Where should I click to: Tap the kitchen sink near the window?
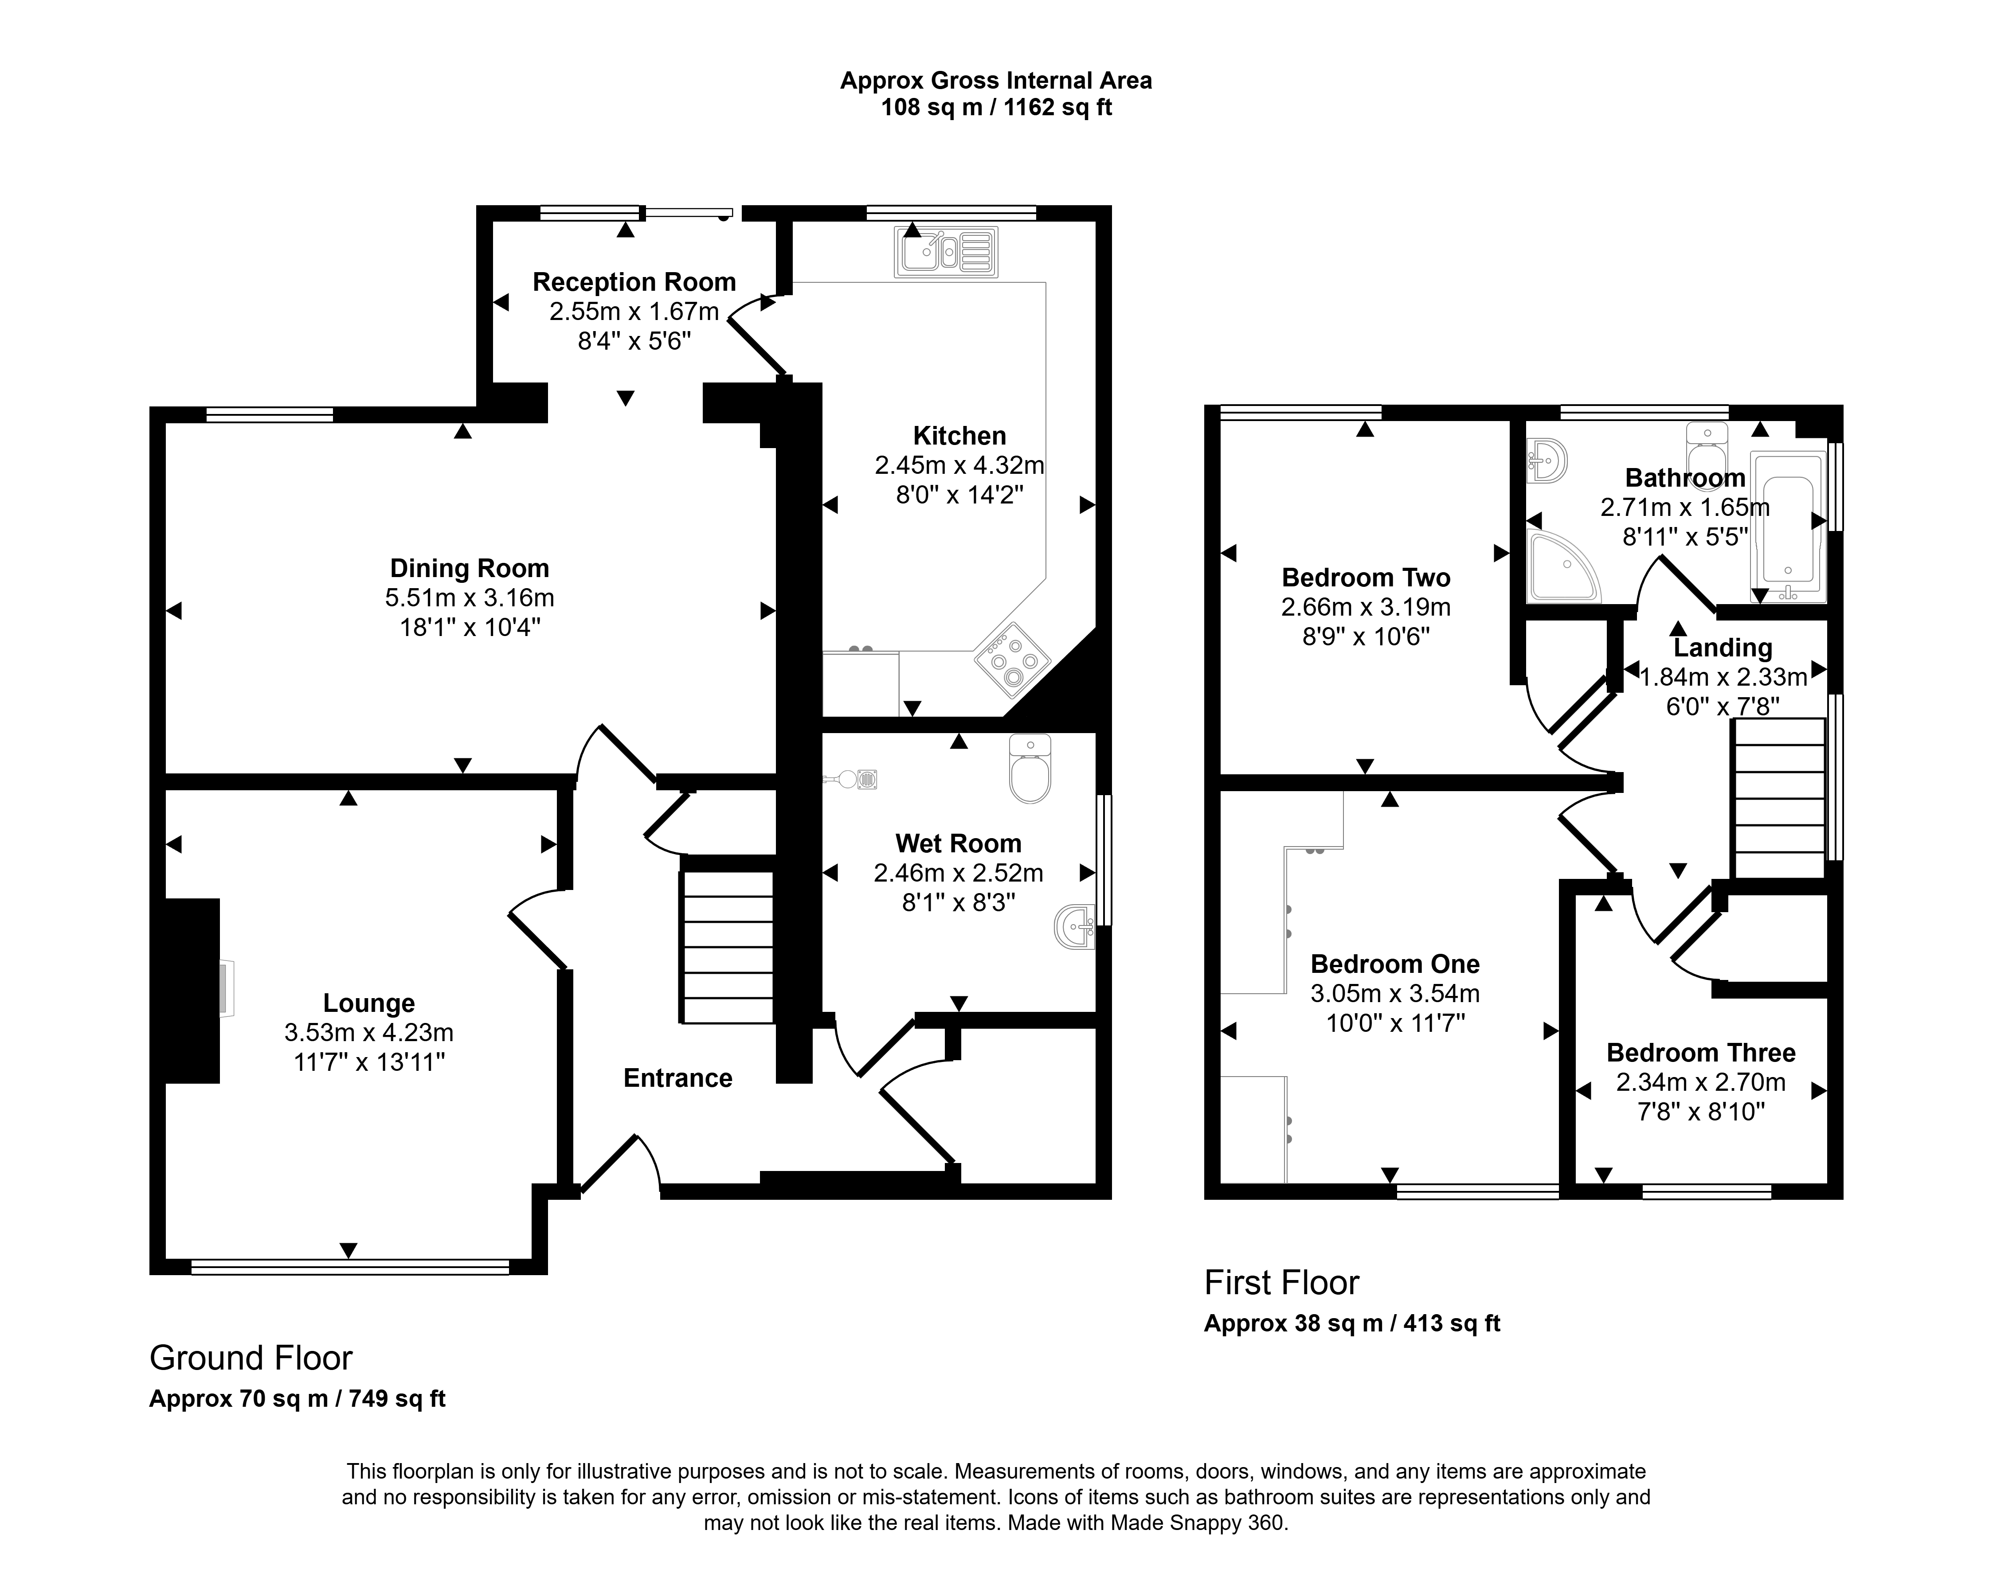coord(945,252)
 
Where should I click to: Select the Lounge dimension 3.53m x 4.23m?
coord(369,1033)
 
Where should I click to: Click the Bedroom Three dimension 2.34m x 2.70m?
coord(1702,1082)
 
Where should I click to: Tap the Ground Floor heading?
coord(251,1358)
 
